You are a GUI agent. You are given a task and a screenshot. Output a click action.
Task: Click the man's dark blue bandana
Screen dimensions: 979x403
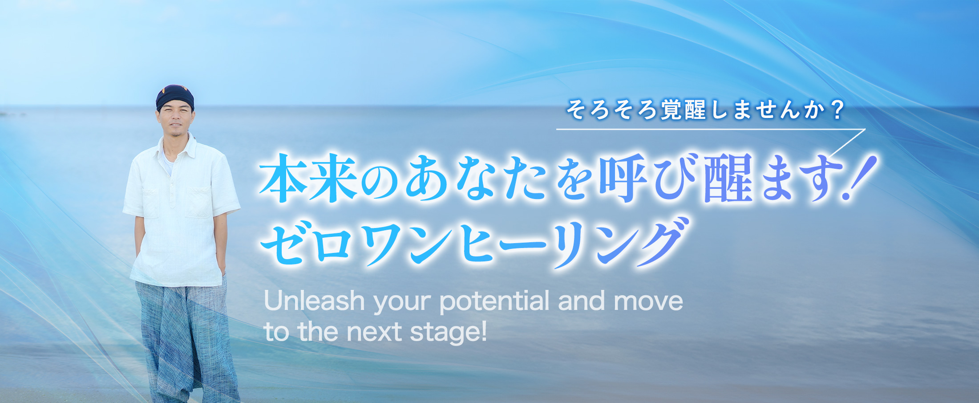[175, 97]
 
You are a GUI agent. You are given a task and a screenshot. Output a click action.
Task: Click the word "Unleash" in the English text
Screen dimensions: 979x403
[314, 301]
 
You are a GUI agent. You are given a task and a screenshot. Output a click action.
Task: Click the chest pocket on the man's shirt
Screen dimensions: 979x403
[199, 203]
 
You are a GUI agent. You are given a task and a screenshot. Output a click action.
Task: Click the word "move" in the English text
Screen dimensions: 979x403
[648, 302]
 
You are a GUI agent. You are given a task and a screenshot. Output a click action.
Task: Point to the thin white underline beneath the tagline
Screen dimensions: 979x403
[710, 130]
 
